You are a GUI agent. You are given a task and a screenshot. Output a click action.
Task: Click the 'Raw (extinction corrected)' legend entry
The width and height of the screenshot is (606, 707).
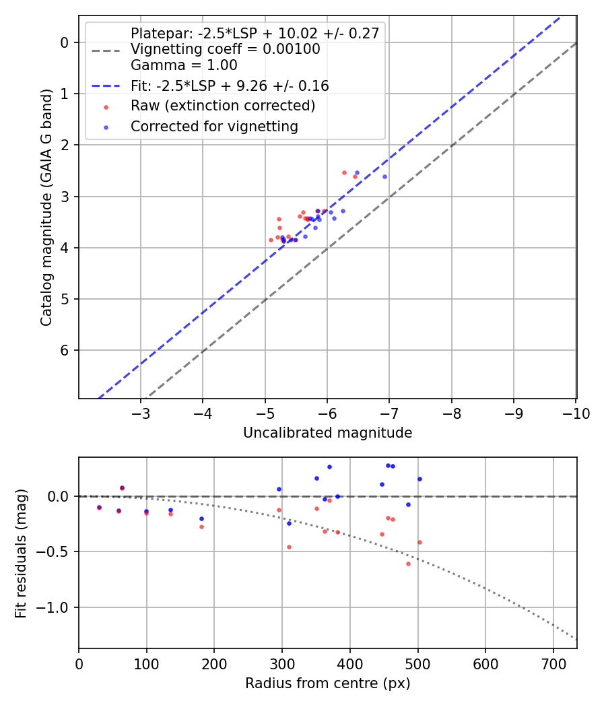[222, 106]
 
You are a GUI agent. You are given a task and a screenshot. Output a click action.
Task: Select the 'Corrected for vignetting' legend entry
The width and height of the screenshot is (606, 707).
[213, 126]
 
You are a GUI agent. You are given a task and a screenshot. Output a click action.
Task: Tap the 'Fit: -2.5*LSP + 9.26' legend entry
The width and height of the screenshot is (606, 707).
[229, 86]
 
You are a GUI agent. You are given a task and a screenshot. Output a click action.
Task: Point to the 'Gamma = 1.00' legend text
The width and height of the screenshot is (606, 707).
[184, 65]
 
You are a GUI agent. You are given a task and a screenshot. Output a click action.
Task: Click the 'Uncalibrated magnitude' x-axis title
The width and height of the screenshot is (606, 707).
[327, 433]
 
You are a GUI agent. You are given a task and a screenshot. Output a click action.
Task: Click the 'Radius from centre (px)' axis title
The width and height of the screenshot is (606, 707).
[327, 683]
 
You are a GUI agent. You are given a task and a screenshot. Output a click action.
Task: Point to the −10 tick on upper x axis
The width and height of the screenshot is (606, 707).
[576, 413]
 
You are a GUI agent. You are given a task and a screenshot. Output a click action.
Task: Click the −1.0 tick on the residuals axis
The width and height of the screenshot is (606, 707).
[57, 607]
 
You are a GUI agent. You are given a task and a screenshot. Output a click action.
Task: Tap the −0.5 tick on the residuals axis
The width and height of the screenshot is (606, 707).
[57, 551]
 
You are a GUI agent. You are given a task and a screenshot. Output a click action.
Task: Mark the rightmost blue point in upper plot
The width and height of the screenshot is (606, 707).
[384, 176]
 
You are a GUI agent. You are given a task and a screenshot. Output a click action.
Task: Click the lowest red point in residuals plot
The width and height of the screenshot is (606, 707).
[408, 564]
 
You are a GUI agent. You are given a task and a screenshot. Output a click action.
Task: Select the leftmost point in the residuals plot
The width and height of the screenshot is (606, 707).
[99, 507]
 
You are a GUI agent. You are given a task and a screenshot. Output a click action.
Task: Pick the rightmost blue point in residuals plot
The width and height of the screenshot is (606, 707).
[419, 479]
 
